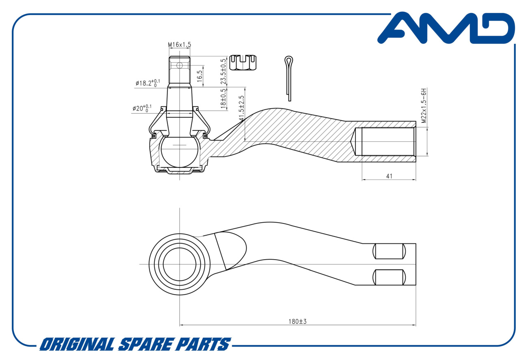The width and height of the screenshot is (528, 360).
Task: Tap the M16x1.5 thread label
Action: click(180, 45)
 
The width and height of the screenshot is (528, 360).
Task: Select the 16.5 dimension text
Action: click(199, 76)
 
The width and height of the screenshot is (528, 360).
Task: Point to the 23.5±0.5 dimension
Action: click(223, 72)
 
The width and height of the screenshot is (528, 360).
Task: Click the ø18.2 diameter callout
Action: click(147, 83)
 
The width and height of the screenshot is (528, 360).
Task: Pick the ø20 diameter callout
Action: click(142, 108)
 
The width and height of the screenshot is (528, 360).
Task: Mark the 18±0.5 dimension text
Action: click(223, 99)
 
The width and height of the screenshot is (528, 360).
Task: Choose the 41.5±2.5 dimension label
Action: click(241, 108)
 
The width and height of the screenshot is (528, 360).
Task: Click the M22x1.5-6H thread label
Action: click(424, 106)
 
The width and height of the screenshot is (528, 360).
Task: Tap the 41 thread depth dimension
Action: click(389, 176)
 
